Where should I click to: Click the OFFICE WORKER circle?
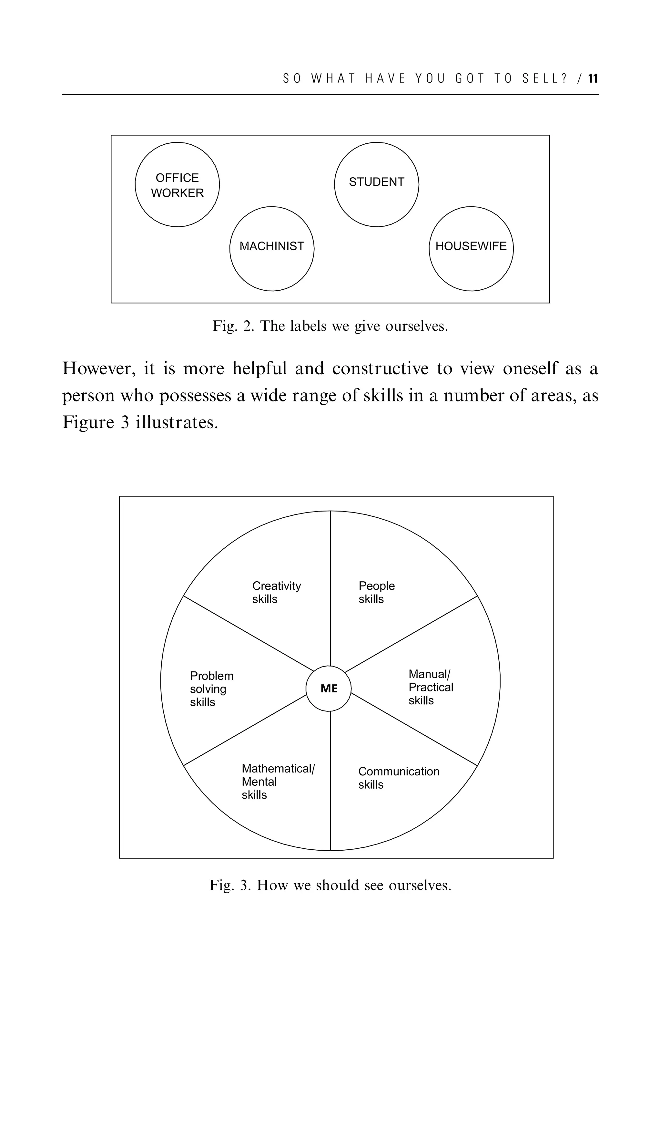pos(177,185)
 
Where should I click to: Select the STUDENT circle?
pos(377,185)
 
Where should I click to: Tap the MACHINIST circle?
pos(272,249)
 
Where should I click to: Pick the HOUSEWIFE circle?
pos(471,249)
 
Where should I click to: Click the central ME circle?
pos(329,689)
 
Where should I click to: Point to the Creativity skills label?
pos(276,592)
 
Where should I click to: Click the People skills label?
pos(376,592)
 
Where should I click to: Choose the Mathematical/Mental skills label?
pos(278,781)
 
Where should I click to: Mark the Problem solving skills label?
pos(211,689)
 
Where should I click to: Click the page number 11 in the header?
pos(593,79)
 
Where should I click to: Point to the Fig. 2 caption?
pos(330,326)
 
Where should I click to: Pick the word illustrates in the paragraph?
pos(177,422)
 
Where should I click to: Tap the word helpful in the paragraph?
pos(259,369)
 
